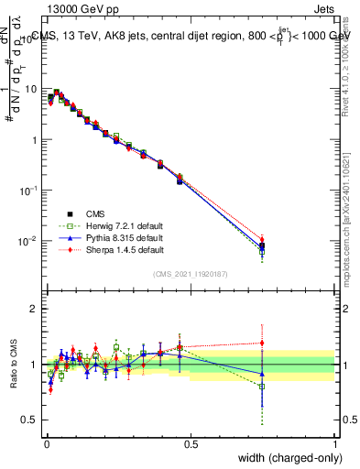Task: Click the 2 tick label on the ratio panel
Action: click(34, 309)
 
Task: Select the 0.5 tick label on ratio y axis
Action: click(29, 420)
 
